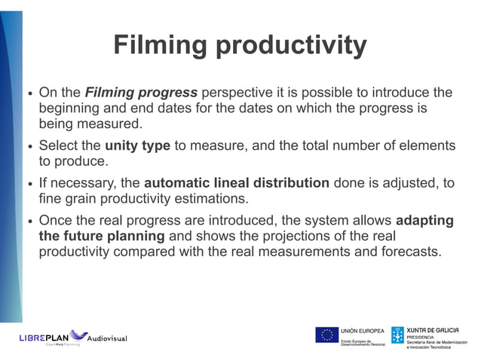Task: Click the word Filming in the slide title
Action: tap(161, 46)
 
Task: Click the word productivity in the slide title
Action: tap(291, 47)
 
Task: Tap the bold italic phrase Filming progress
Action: tap(141, 93)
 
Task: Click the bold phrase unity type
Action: tap(137, 145)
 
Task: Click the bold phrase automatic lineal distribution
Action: tap(236, 183)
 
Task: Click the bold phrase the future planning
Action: tap(101, 236)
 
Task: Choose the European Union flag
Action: tap(326, 335)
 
